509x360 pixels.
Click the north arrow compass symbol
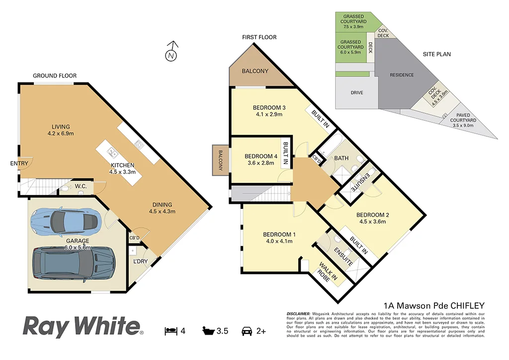[171, 54]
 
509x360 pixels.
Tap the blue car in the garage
[65, 222]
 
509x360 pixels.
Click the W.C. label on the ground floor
[80, 186]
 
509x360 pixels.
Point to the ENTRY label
[19, 163]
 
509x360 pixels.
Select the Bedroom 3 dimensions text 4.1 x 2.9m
[269, 114]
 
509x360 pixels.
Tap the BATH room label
[341, 158]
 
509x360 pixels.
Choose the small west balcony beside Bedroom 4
[220, 159]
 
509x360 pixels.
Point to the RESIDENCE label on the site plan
[402, 75]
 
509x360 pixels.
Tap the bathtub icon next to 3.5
[208, 331]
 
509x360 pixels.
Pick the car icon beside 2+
[246, 331]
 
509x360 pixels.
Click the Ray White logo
[83, 327]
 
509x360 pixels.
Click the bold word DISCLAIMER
[298, 314]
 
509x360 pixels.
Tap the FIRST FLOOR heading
[259, 37]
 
